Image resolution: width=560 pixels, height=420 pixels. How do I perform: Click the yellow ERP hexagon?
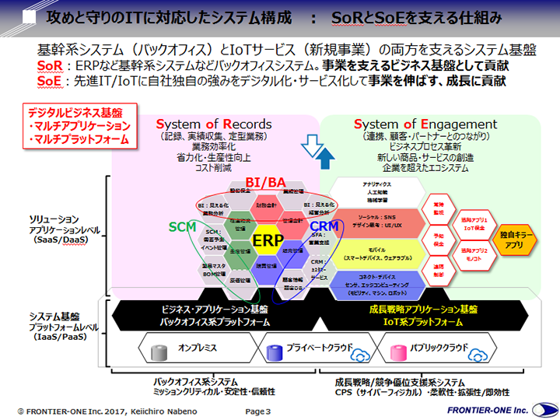tap(267, 240)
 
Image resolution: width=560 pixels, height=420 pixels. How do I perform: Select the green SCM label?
tap(184, 226)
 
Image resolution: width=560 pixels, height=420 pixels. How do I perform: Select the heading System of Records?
tap(214, 124)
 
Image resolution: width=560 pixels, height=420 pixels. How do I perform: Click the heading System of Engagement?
tap(425, 124)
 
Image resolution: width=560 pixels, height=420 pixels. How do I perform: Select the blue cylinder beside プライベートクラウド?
tap(274, 348)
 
